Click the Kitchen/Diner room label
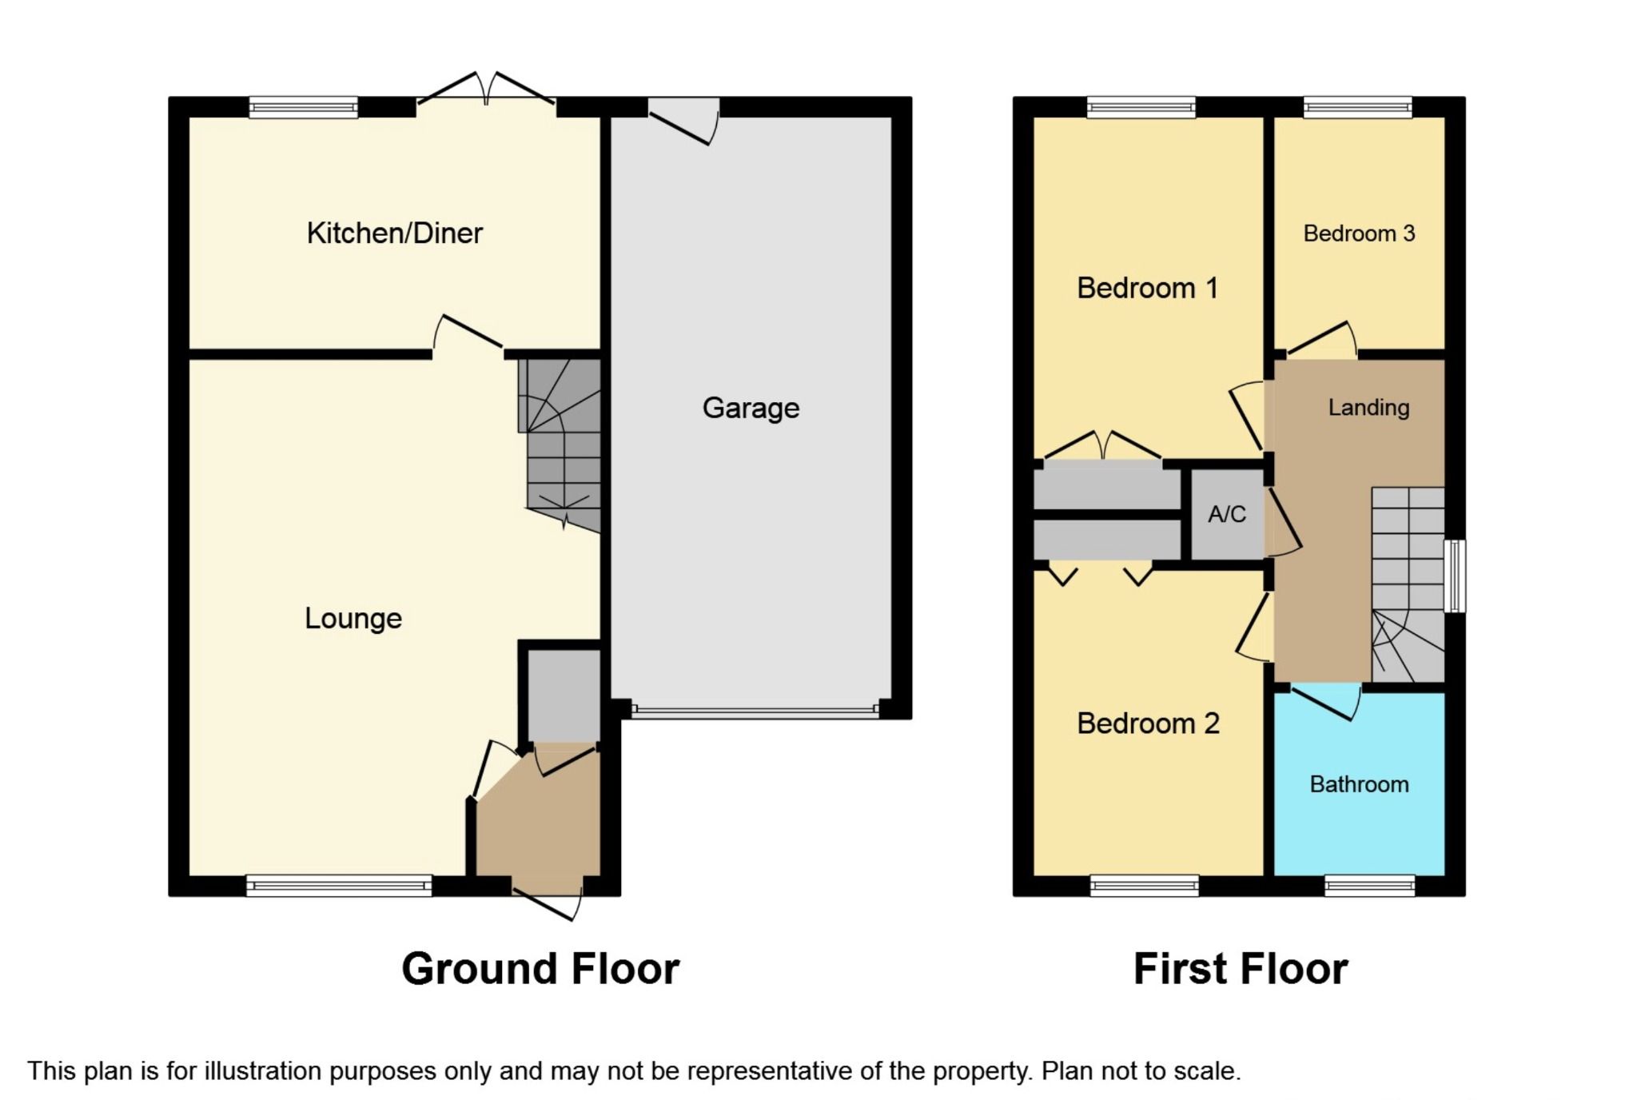[394, 233]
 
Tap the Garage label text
[751, 409]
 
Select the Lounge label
[352, 619]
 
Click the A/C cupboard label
[1226, 514]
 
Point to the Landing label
[1368, 408]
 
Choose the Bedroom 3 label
[1359, 233]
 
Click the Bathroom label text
[1359, 784]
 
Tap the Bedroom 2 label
[1148, 723]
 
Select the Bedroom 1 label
[1147, 288]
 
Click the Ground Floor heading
[540, 969]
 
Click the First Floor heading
[1241, 969]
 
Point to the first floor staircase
[1408, 584]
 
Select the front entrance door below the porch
[548, 899]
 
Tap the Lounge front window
[339, 885]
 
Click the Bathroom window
[1369, 885]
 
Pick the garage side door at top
[683, 120]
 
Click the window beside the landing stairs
[1456, 576]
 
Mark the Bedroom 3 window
[1357, 107]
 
